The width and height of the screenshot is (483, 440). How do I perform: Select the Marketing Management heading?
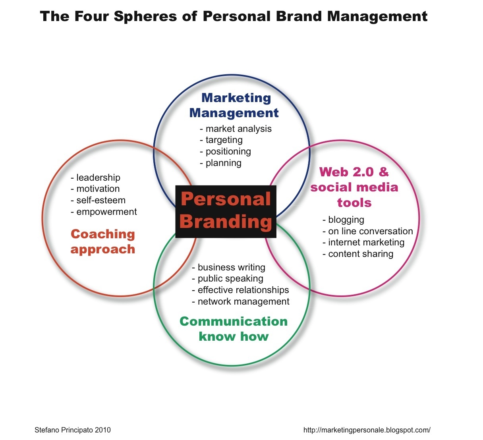tap(234, 105)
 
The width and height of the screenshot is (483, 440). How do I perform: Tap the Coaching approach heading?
tap(103, 241)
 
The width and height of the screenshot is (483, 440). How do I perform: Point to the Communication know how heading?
tap(234, 329)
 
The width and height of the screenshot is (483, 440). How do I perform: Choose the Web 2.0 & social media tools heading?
tap(354, 187)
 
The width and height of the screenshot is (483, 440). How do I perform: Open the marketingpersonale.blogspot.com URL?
tap(367, 430)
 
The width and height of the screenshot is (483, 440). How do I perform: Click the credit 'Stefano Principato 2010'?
tap(73, 430)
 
